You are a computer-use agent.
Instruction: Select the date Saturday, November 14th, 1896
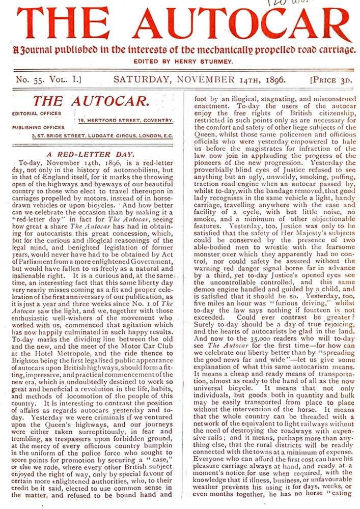[199, 79]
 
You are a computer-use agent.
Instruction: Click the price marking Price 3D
[331, 80]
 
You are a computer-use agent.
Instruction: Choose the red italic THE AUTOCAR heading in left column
[90, 101]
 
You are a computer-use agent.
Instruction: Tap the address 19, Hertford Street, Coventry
[125, 121]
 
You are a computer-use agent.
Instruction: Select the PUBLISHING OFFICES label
[39, 128]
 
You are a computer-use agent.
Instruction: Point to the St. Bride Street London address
[101, 135]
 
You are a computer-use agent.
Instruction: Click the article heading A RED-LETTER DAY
[90, 153]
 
